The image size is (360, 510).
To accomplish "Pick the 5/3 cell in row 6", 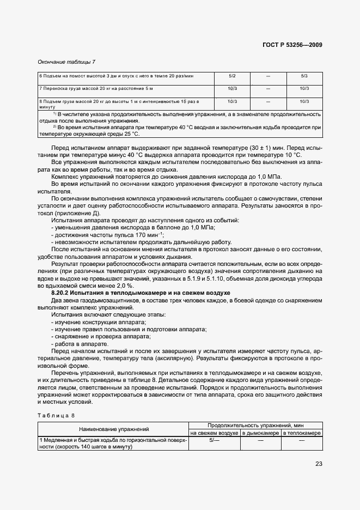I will tap(304, 75).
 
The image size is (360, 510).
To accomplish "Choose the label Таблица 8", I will tap(52, 415).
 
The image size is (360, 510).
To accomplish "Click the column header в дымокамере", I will tap(260, 433).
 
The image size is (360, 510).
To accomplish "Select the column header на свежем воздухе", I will tap(214, 433).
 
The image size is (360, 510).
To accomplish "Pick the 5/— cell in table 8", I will tap(214, 440).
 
